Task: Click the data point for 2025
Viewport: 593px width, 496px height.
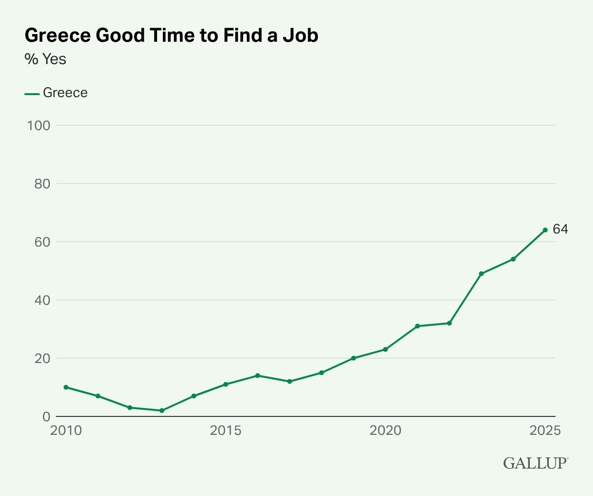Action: click(545, 230)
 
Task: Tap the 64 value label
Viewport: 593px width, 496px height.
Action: click(560, 229)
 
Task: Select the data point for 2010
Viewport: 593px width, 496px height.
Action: click(66, 387)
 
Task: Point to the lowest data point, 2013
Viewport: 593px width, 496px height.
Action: click(162, 411)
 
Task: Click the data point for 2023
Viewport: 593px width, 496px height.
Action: click(481, 274)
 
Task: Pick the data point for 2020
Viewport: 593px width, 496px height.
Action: click(385, 349)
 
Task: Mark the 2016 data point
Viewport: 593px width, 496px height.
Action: click(258, 376)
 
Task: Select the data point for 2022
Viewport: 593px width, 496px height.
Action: click(449, 323)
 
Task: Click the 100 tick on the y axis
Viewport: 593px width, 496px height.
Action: click(39, 125)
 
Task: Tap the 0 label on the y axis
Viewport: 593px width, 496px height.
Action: click(46, 416)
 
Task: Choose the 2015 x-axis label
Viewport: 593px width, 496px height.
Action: click(225, 430)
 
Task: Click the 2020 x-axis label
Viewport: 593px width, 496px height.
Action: click(385, 430)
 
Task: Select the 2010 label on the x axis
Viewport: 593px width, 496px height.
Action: click(66, 430)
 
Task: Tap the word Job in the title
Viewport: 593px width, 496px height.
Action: click(301, 36)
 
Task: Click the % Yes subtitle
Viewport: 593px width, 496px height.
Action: click(45, 59)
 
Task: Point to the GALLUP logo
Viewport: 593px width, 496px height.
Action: click(535, 463)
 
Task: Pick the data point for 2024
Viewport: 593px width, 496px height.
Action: click(513, 259)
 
